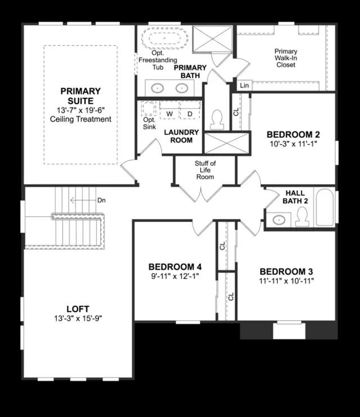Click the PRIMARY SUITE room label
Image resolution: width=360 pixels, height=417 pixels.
80,96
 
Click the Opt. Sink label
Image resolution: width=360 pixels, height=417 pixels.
149,123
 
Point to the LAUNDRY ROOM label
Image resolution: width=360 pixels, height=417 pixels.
181,136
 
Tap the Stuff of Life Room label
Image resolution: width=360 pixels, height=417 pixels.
205,170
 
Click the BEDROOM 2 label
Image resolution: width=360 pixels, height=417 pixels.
293,134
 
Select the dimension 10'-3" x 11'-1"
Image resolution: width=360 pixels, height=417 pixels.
293,144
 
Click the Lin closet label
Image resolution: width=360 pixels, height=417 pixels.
244,86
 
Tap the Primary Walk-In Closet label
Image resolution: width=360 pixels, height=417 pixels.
286,58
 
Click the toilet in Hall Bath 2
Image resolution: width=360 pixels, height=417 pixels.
302,216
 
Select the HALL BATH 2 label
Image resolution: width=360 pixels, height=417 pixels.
295,196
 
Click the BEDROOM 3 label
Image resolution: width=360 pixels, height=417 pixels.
286,271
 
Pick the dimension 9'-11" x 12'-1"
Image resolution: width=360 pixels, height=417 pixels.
174,276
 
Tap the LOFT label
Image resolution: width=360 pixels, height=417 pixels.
78,309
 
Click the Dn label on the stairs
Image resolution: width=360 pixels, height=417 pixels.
101,200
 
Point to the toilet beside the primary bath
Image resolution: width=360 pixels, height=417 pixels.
217,119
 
